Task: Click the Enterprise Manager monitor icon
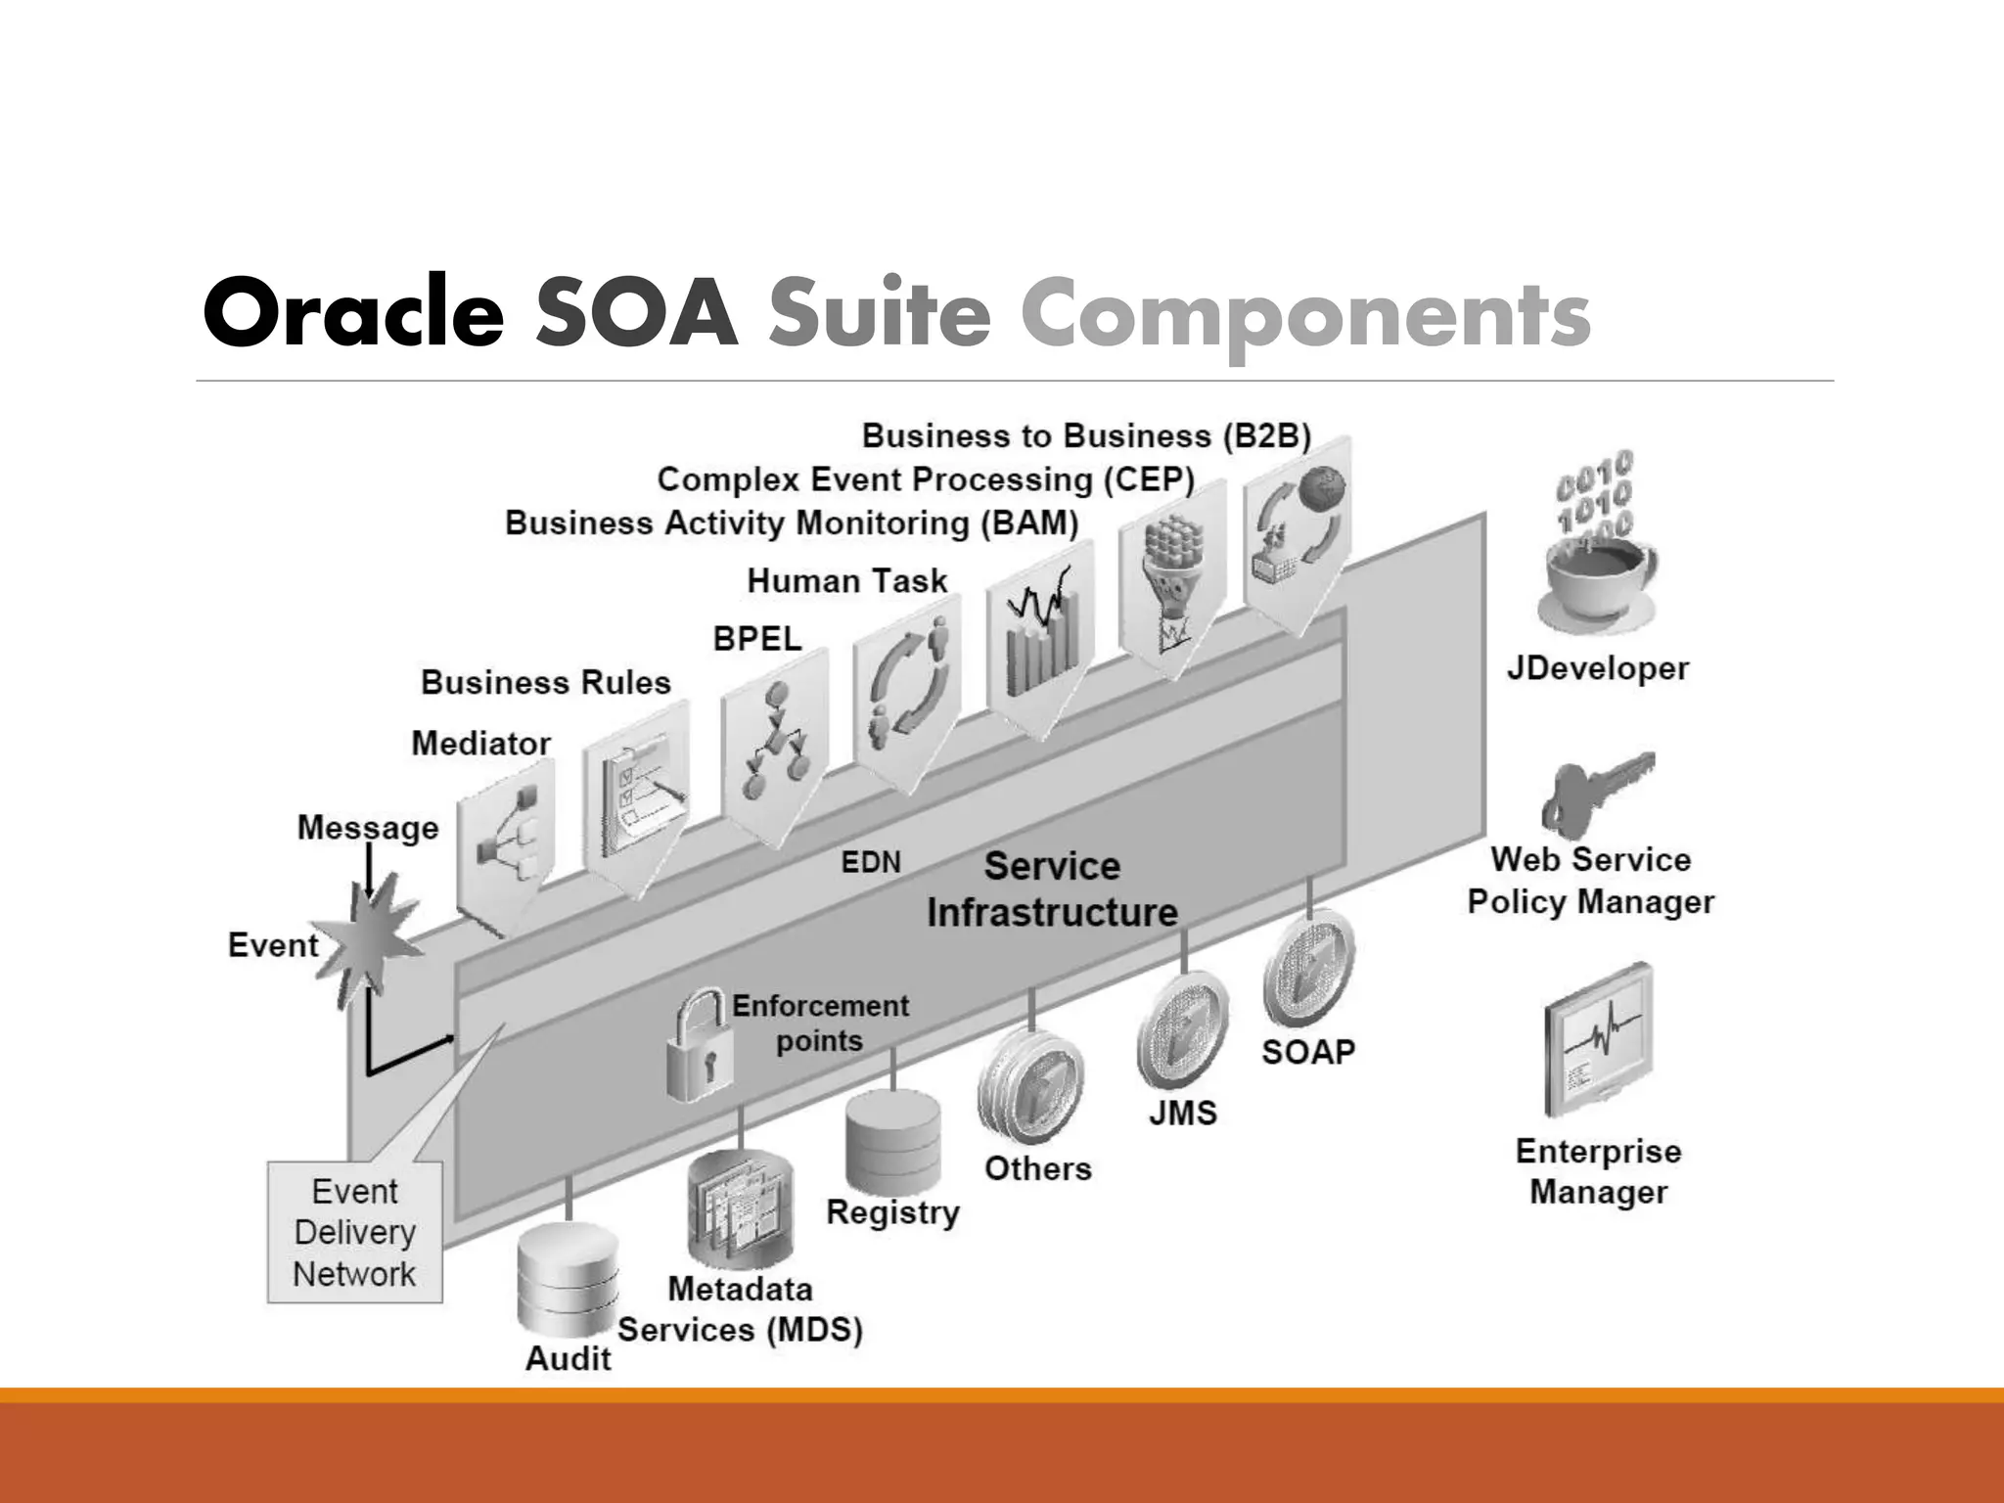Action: tap(1598, 1042)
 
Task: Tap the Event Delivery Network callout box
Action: tap(354, 1233)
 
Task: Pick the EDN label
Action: tap(871, 862)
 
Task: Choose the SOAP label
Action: tap(1307, 1052)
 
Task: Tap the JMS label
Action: tap(1182, 1113)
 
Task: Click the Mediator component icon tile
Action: tap(505, 842)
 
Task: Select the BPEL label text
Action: tap(756, 639)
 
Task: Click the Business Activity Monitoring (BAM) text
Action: tap(791, 524)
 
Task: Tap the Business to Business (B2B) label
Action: tap(1085, 435)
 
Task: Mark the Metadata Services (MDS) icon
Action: tap(740, 1209)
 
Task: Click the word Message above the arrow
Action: tap(368, 828)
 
